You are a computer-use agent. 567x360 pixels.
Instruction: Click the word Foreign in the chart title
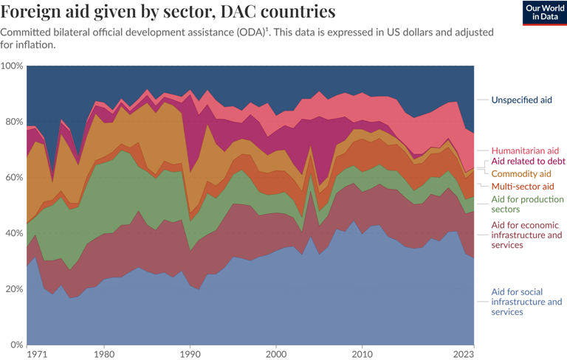[32, 12]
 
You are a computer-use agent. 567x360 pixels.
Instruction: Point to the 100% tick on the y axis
[12, 66]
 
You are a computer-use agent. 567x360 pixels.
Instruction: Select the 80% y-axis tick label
[13, 122]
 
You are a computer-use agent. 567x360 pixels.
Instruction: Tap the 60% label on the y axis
[13, 178]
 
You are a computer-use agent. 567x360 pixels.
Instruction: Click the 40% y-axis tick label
[13, 233]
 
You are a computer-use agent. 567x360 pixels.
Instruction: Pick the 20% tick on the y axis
[13, 289]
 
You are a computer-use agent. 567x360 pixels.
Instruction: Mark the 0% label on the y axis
[16, 345]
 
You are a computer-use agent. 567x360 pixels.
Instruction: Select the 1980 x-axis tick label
[104, 353]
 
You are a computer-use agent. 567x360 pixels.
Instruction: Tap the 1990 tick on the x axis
[190, 353]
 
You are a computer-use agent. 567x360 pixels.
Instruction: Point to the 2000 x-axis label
[276, 353]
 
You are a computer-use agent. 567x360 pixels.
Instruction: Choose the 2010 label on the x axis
[362, 353]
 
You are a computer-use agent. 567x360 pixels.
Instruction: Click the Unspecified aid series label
[521, 100]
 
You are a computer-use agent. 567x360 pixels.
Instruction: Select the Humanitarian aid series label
[525, 150]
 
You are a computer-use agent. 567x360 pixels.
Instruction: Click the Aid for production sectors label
[526, 204]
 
